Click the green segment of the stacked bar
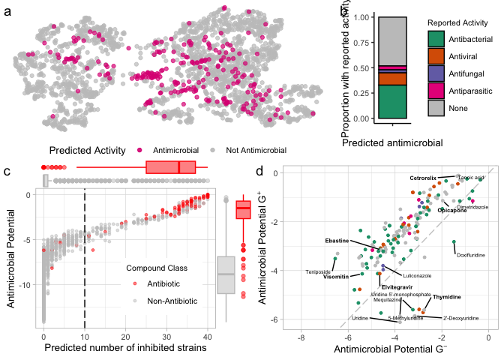click(x=391, y=101)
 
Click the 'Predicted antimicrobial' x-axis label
click(x=390, y=142)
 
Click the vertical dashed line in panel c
click(x=85, y=255)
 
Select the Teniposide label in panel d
click(x=318, y=271)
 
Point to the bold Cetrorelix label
click(x=423, y=178)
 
